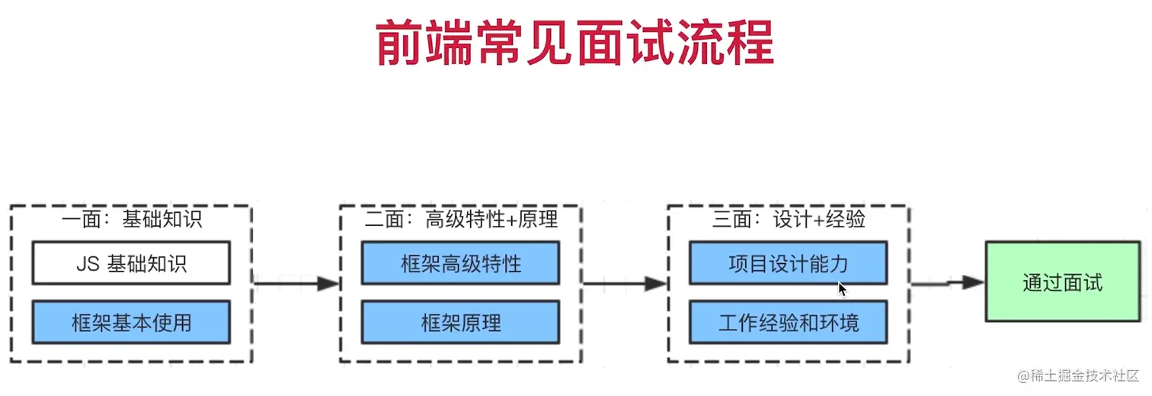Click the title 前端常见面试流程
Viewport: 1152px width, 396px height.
[575, 43]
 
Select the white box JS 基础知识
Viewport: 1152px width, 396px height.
[131, 263]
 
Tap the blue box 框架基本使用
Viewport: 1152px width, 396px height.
[131, 322]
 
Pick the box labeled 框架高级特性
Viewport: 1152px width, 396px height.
[460, 263]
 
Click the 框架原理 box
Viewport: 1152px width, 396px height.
[460, 322]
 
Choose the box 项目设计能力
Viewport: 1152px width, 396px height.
[788, 263]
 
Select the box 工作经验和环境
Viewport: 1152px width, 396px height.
[788, 322]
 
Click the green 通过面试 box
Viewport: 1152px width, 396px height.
[1062, 283]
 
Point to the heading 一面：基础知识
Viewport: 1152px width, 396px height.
[131, 220]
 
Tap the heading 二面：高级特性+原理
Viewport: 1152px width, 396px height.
[460, 220]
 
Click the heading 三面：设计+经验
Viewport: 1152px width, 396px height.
[788, 220]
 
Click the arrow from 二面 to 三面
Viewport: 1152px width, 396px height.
[625, 284]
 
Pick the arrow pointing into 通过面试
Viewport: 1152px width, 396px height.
[948, 283]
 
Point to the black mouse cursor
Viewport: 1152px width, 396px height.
[842, 289]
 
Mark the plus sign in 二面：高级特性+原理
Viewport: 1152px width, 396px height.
[511, 221]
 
